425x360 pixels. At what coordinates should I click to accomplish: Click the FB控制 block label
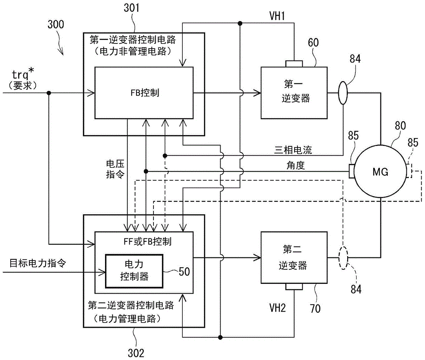pos(143,92)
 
